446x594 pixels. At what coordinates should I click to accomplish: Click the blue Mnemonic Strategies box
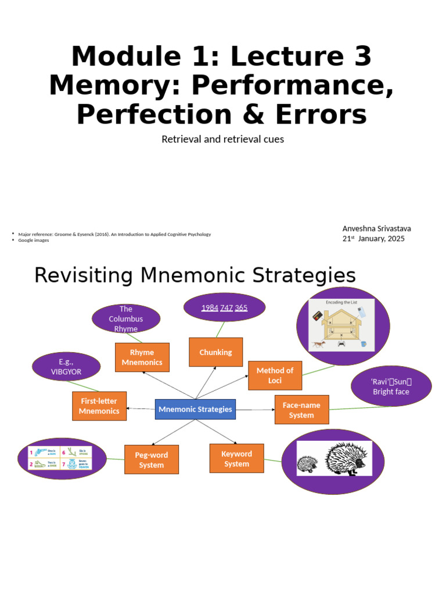pyautogui.click(x=195, y=409)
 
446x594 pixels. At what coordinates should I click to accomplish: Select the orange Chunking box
pyautogui.click(x=215, y=352)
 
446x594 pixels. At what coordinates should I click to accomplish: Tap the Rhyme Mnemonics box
pyautogui.click(x=142, y=357)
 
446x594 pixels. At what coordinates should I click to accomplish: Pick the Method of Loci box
pyautogui.click(x=275, y=375)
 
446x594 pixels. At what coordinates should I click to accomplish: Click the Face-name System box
pyautogui.click(x=301, y=410)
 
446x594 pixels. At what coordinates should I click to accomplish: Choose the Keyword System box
pyautogui.click(x=236, y=458)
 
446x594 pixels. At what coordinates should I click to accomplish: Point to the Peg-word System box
pyautogui.click(x=151, y=459)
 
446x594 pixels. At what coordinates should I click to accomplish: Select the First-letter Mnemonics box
pyautogui.click(x=99, y=406)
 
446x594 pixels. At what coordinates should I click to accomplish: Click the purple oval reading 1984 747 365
pyautogui.click(x=224, y=308)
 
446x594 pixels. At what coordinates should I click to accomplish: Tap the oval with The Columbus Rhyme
pyautogui.click(x=126, y=318)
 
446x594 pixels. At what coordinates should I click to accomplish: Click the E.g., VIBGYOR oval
pyautogui.click(x=66, y=367)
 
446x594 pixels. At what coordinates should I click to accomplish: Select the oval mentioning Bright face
pyautogui.click(x=391, y=386)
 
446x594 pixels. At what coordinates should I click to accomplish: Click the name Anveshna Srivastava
pyautogui.click(x=376, y=229)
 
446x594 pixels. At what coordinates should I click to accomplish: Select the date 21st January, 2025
pyautogui.click(x=373, y=238)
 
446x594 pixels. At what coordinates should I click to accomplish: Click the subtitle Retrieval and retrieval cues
pyautogui.click(x=222, y=139)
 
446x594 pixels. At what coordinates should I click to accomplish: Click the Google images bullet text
pyautogui.click(x=34, y=240)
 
